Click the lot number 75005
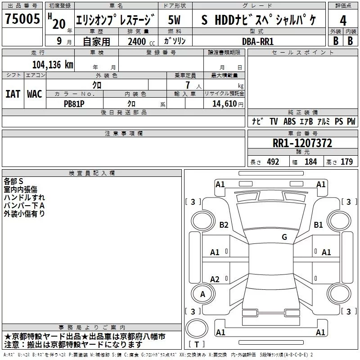point(22,18)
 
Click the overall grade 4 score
point(343,20)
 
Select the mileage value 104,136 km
point(53,65)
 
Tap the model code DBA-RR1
point(258,41)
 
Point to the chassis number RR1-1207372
point(302,143)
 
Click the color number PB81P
point(74,104)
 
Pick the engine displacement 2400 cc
point(141,41)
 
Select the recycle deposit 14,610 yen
point(228,104)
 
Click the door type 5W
point(174,20)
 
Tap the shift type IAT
point(13,94)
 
